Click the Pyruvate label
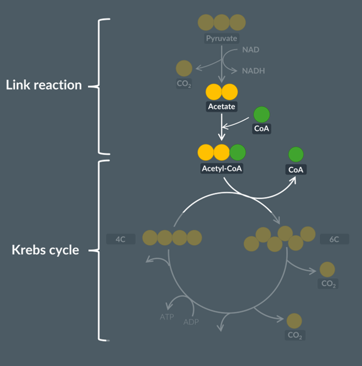[221, 38]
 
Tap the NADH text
[253, 71]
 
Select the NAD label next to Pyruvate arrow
[251, 50]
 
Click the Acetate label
[222, 107]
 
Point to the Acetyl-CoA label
[222, 168]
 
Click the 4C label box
[121, 239]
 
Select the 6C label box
[334, 239]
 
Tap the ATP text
[166, 317]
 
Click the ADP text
[191, 322]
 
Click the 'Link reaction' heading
[44, 85]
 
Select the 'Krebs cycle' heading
[46, 250]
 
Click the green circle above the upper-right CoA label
[296, 154]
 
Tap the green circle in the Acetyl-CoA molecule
[237, 152]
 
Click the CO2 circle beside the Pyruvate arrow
[184, 68]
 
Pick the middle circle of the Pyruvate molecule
[222, 22]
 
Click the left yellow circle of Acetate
[214, 92]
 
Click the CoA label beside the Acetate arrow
[262, 128]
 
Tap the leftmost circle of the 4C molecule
[151, 238]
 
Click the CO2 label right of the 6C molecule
[327, 283]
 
